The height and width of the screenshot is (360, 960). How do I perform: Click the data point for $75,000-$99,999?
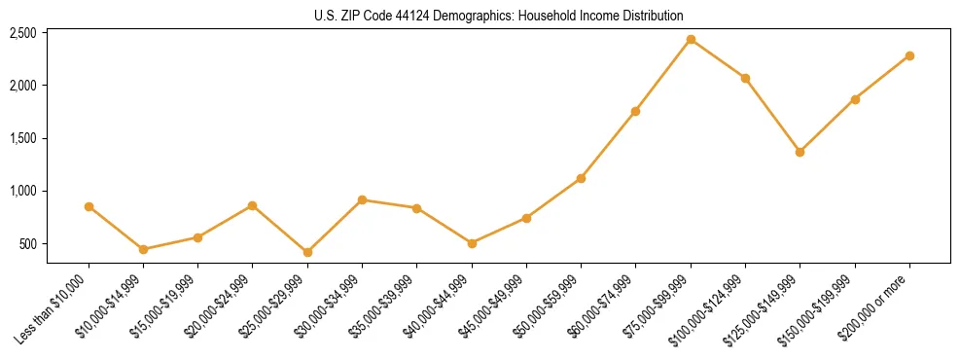point(691,40)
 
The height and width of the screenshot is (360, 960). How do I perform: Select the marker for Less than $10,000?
point(89,206)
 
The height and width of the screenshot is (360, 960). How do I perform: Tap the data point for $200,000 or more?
point(909,55)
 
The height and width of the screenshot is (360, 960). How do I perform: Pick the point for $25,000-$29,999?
point(307,252)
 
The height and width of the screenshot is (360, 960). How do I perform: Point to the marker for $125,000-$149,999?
point(800,152)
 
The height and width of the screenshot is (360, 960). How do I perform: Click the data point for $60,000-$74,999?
point(635,111)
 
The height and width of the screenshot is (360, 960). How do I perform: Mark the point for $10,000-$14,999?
point(143,249)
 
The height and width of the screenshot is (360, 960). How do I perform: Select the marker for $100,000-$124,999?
point(745,78)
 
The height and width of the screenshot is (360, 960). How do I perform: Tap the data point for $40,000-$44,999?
point(472,243)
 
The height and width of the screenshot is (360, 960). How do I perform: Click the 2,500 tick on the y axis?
point(22,33)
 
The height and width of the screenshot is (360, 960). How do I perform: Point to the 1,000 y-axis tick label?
point(22,191)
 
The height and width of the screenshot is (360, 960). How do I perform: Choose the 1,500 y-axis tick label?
point(22,138)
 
